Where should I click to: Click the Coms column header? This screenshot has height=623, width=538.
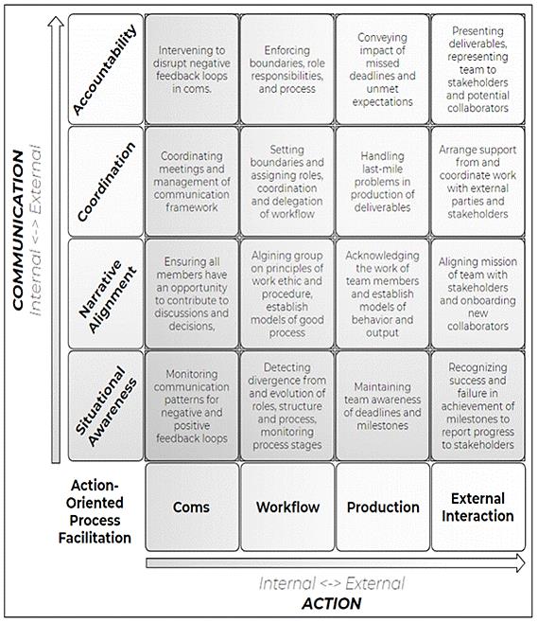coord(192,507)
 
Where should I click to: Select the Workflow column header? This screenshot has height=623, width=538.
coord(287,507)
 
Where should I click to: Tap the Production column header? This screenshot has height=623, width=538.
coord(383,507)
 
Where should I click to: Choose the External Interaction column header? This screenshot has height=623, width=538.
coord(478,507)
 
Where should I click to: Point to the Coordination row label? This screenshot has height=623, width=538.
coord(106,182)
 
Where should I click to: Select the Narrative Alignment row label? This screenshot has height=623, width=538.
coord(106,294)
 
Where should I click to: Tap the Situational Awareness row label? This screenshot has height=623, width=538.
coord(106,406)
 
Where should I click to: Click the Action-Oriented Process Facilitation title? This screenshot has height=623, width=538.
coord(95,511)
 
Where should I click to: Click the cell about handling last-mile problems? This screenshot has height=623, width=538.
coord(383,182)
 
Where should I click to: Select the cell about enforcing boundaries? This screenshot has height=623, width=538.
coord(286,69)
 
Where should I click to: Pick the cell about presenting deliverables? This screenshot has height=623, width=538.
coord(478,69)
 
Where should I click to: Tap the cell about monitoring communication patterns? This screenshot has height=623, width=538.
coord(192,406)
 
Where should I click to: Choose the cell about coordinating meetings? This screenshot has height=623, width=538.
coord(192,182)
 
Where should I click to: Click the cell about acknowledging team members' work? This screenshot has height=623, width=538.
coord(383,294)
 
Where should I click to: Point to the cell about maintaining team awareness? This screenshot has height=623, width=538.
coord(383,406)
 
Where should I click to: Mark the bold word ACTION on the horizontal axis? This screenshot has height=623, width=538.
coord(332,603)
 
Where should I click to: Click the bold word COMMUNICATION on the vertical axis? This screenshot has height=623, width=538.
coord(18,230)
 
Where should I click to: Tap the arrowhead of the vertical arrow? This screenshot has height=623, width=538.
coord(56,22)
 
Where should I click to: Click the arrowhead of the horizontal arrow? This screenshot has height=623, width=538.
coord(520,563)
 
